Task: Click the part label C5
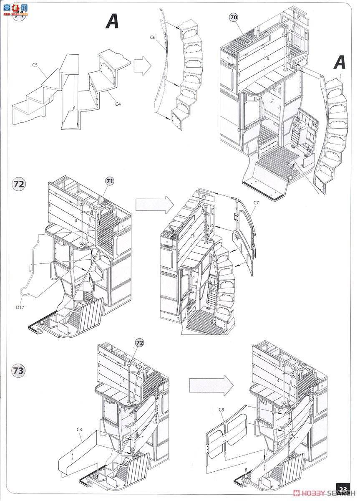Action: pos(35,65)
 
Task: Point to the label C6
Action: pos(153,38)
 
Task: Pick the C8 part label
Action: pos(221,410)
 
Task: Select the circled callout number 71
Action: pos(110,181)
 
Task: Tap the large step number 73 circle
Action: pos(18,370)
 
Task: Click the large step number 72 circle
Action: pos(18,184)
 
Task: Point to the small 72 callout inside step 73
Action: pos(139,342)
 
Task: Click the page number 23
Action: pos(343,489)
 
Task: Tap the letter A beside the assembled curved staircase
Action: pos(340,63)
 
